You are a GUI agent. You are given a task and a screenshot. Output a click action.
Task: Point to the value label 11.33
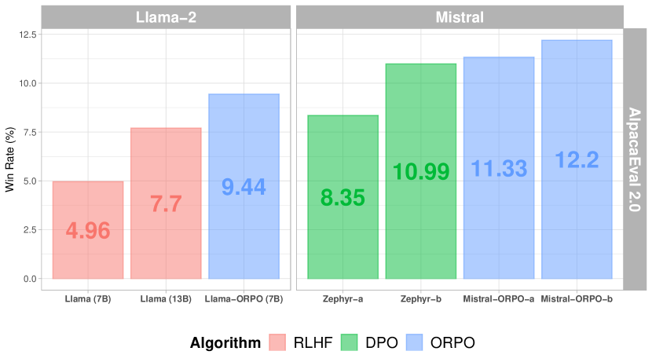[499, 168]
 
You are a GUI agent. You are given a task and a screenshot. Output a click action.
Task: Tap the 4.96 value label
[88, 231]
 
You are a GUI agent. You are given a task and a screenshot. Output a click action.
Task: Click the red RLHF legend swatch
[280, 342]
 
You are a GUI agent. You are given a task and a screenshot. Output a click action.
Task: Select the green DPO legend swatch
[352, 342]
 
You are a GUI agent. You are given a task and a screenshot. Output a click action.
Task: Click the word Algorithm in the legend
[225, 342]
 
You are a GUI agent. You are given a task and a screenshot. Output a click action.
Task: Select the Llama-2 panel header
[166, 16]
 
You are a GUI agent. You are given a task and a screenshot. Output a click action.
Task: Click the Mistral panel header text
[459, 16]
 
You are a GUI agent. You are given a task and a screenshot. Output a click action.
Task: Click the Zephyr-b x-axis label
[420, 299]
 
